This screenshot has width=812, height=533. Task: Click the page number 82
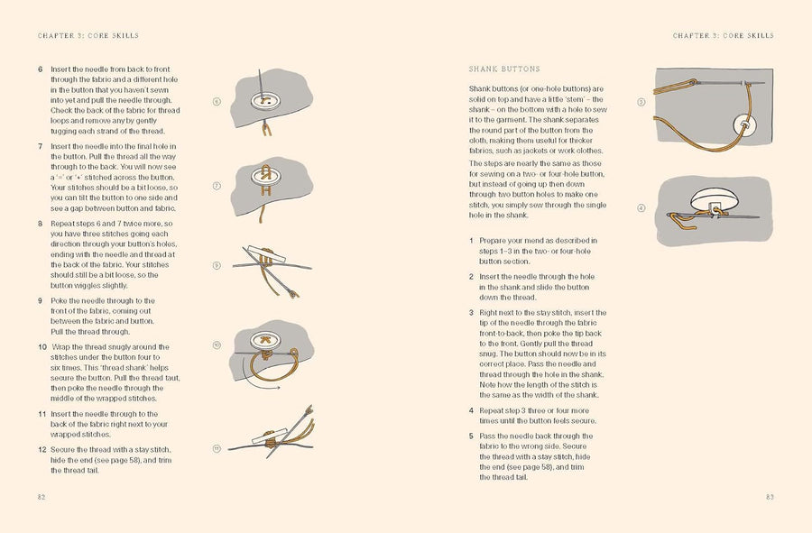[42, 497]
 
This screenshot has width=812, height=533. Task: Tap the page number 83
[770, 497]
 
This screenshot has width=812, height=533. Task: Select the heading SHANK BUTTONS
[504, 69]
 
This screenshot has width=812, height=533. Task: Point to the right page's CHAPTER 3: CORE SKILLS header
[723, 36]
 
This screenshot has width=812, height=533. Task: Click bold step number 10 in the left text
[42, 346]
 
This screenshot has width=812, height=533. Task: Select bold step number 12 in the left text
[42, 449]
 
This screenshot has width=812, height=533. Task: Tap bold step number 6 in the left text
[40, 69]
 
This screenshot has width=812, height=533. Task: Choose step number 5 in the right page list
[471, 435]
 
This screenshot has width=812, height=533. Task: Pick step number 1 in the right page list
[471, 241]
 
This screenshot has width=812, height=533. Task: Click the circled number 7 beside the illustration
[217, 187]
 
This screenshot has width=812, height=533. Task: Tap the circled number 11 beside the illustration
[217, 449]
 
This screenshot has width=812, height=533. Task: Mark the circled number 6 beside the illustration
[217, 102]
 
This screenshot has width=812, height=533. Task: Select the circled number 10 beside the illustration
[217, 346]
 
